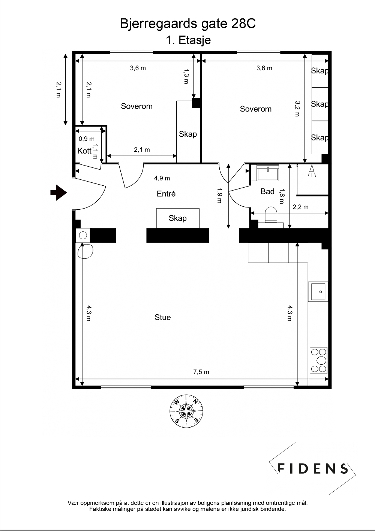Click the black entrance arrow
(58, 192)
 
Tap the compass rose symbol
(186, 411)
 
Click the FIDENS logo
(312, 468)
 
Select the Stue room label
(163, 317)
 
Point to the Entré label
(166, 194)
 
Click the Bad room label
(267, 191)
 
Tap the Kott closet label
(84, 151)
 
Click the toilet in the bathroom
(271, 215)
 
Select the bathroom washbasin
(268, 173)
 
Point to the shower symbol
(312, 171)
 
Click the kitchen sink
(318, 292)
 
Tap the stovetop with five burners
(318, 360)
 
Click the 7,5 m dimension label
(201, 372)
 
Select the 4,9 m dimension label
(162, 178)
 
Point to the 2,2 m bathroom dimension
(300, 207)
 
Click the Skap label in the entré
(177, 218)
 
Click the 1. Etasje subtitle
(188, 40)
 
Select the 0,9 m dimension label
(86, 139)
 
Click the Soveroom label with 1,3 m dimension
(137, 106)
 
